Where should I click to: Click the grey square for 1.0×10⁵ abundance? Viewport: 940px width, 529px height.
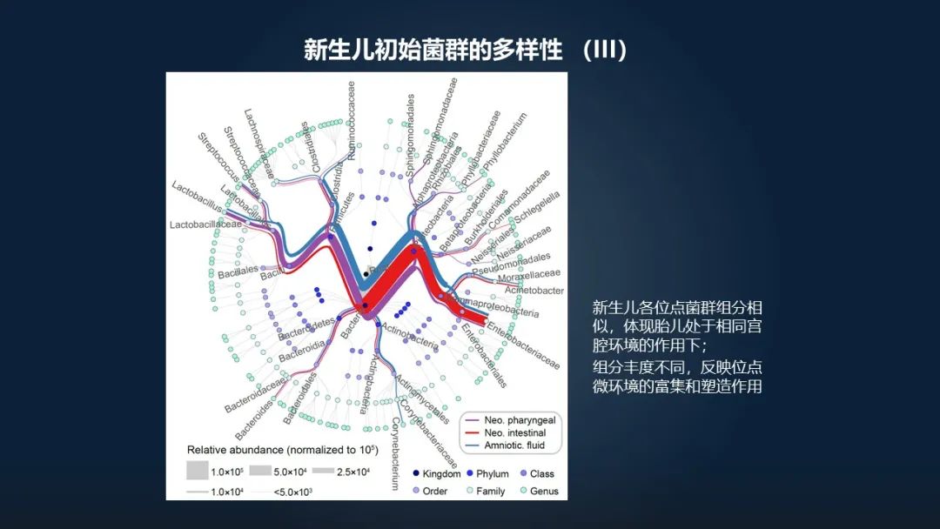pos(198,471)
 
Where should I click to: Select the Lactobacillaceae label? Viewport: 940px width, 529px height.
pos(205,224)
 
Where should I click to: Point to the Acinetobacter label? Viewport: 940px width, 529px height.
pos(534,291)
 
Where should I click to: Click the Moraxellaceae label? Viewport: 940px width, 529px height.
pos(528,277)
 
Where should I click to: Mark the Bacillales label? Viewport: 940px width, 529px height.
pos(238,271)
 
